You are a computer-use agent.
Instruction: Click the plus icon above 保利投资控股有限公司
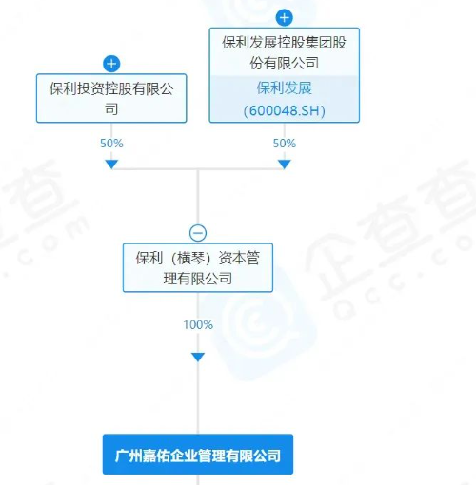tap(111, 64)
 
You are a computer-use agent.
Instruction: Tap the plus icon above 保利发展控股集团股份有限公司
tap(284, 18)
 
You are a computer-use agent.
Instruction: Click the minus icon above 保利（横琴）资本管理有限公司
tap(198, 233)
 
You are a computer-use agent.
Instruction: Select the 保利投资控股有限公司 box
tap(111, 98)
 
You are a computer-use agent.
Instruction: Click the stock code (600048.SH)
tap(285, 110)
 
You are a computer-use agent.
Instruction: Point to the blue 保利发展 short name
tap(285, 87)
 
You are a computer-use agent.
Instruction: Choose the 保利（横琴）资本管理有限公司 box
tap(198, 267)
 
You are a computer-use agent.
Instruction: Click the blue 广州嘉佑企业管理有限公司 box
tap(198, 455)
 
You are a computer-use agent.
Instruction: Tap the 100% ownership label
tap(198, 324)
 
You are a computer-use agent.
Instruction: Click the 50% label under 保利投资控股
tap(111, 144)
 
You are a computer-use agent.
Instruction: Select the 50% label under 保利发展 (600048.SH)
tap(285, 144)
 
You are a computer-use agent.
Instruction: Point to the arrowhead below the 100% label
tap(198, 358)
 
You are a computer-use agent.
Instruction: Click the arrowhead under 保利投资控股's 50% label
tap(111, 165)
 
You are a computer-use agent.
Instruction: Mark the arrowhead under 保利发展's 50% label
tap(285, 165)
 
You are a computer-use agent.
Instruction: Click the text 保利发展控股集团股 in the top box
tap(285, 43)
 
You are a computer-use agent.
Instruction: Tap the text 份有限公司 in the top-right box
tap(285, 63)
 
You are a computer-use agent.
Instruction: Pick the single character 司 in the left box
tap(111, 109)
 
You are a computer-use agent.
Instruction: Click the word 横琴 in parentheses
tap(190, 258)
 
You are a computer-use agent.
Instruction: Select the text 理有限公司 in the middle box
tap(198, 279)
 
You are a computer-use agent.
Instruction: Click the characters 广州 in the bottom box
tap(129, 456)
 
